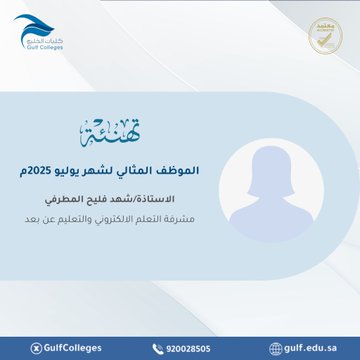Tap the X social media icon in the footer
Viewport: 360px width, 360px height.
[x=37, y=348]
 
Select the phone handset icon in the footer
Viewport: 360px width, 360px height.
[x=157, y=348]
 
